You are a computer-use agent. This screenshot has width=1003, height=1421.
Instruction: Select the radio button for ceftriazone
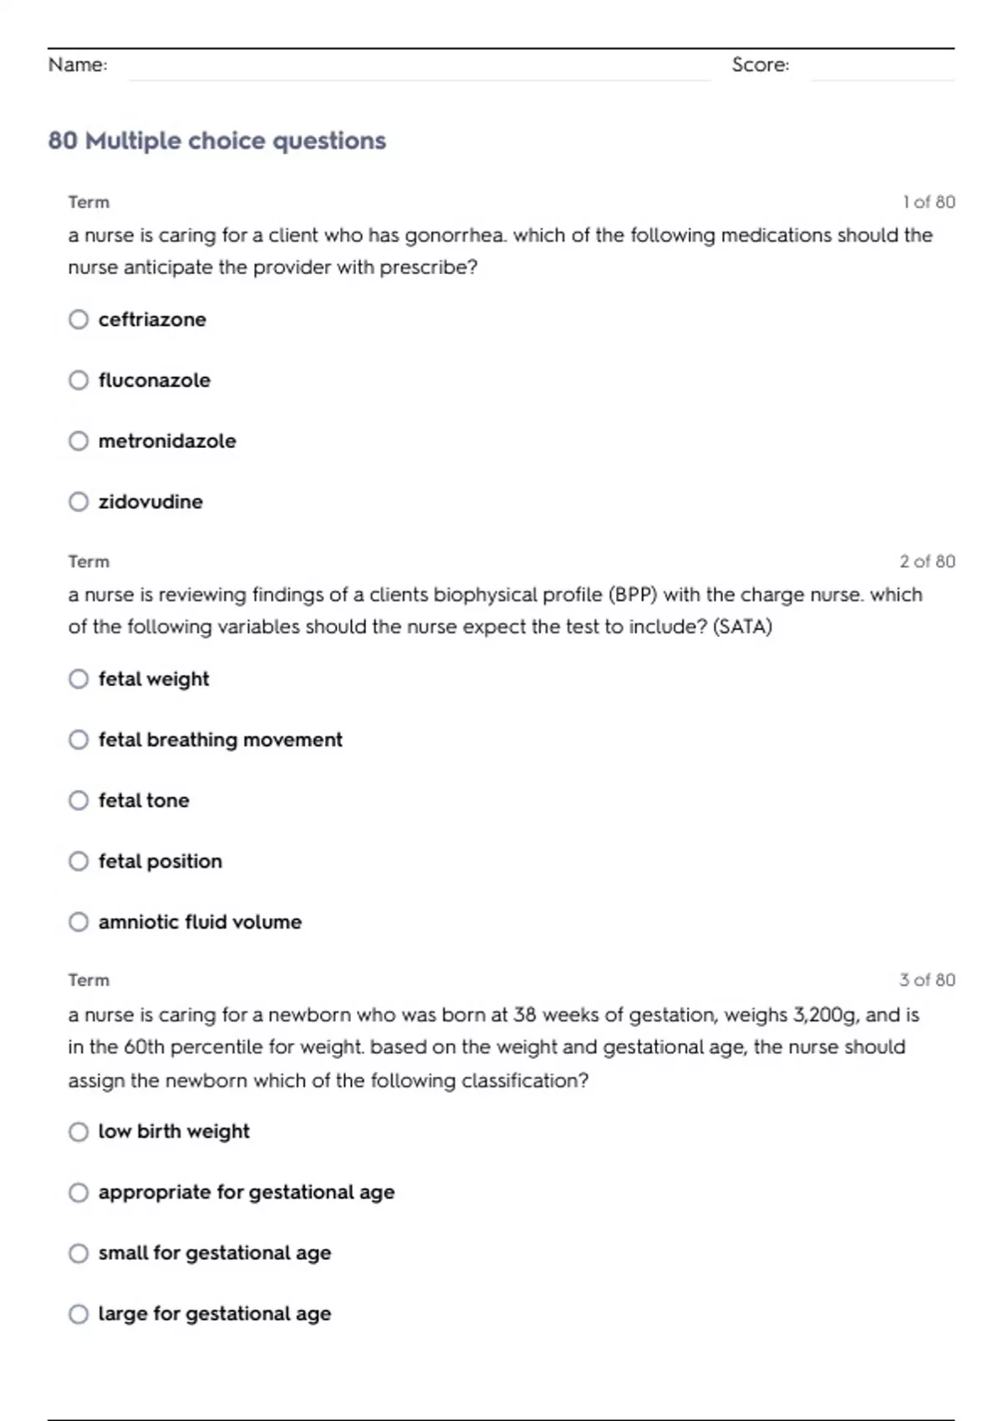point(79,319)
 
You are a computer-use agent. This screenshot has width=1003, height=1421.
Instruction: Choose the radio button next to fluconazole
point(79,380)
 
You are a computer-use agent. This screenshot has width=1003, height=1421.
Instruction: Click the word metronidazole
point(167,441)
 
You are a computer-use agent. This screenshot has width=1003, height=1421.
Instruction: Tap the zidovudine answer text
point(150,502)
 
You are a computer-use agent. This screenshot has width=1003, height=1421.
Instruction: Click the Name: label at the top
point(78,65)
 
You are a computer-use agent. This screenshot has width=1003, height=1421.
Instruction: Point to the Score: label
point(760,65)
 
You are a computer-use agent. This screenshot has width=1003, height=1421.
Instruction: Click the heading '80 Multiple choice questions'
point(217,140)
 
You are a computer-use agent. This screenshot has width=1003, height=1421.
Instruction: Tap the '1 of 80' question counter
point(929,202)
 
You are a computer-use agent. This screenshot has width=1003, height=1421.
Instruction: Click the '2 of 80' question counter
point(927,562)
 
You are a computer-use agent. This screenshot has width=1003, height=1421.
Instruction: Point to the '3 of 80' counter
point(927,980)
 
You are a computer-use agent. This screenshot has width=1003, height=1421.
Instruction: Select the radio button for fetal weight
point(79,679)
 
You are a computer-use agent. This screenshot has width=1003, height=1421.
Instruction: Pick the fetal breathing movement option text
point(220,740)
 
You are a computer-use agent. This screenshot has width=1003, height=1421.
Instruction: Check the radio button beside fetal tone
point(79,801)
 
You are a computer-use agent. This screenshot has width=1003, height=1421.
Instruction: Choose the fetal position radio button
point(79,861)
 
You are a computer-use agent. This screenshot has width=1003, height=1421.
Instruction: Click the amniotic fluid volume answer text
point(200,922)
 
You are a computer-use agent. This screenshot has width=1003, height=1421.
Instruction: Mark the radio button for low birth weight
point(79,1132)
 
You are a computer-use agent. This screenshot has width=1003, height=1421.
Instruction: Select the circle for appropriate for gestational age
point(79,1192)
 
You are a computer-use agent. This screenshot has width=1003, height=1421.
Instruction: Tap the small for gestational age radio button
point(79,1253)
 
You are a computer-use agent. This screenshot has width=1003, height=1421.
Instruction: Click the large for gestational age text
point(215,1314)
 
